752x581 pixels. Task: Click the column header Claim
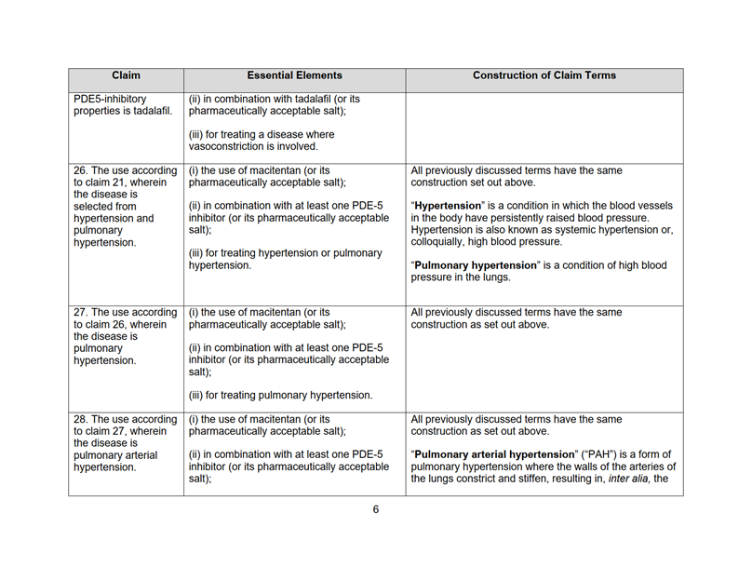[126, 75]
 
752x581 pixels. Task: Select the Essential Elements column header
[294, 75]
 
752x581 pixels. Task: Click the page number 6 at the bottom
[376, 509]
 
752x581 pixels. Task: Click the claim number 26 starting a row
[81, 171]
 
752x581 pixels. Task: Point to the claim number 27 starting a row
[81, 311]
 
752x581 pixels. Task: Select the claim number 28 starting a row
[81, 419]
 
